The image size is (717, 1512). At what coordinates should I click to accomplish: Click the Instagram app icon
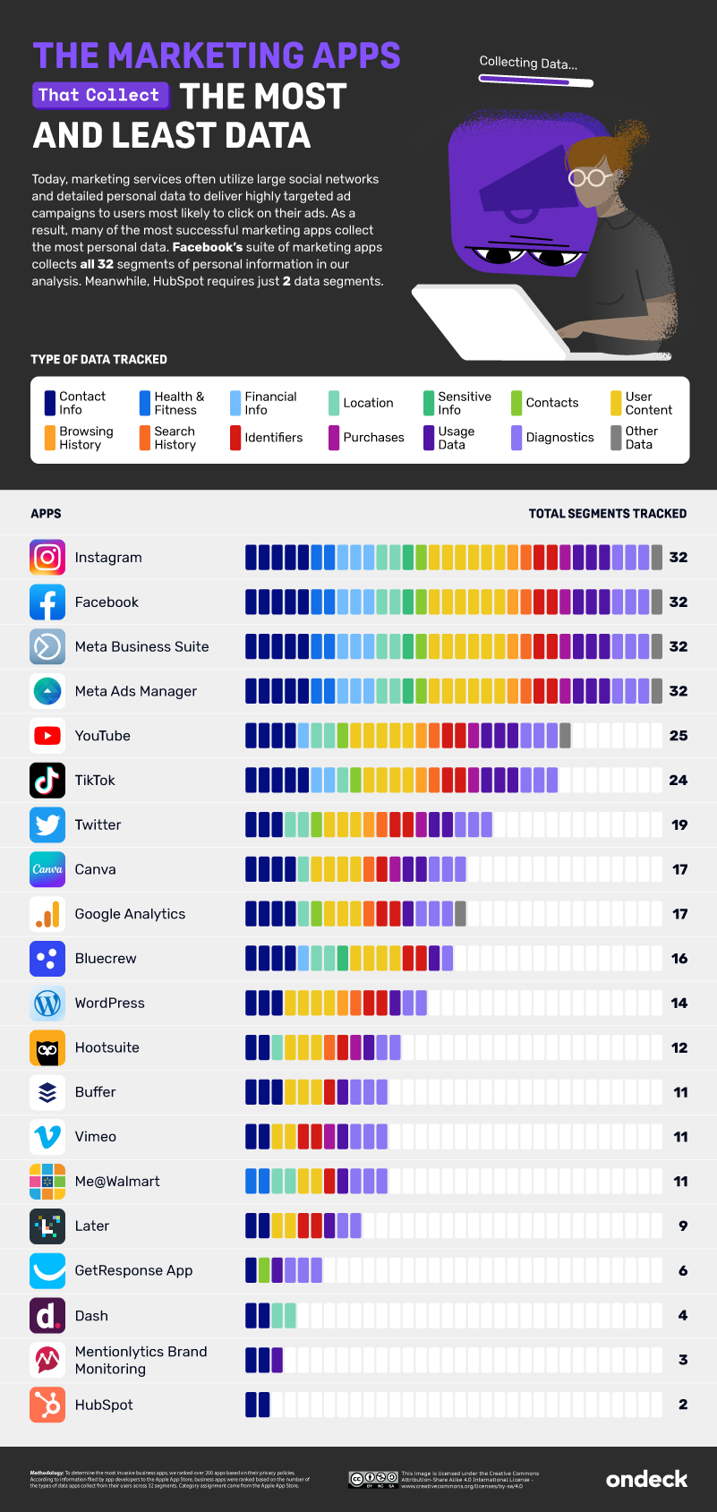[x=47, y=557]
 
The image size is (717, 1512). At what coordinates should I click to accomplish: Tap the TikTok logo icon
[x=47, y=780]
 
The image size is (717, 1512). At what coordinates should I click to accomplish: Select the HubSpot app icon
[x=47, y=1405]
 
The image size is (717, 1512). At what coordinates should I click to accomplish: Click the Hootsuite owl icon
[x=47, y=1047]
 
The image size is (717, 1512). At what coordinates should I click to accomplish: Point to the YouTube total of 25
[x=679, y=736]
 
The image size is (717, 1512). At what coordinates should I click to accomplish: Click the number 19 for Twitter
[x=679, y=824]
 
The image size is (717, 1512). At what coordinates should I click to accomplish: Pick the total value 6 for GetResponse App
[x=683, y=1270]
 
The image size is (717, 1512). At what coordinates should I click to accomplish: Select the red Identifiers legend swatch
[x=235, y=438]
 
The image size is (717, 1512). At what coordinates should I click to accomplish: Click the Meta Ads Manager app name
[x=136, y=691]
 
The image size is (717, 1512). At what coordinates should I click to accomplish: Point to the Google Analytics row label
[x=130, y=914]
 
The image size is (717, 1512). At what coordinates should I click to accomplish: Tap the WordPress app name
[x=109, y=1003]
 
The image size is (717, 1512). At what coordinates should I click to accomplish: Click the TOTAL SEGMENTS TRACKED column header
[x=607, y=514]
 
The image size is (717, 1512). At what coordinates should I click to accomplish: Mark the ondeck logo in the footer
[x=646, y=1479]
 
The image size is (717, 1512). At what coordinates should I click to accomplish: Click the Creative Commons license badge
[x=372, y=1479]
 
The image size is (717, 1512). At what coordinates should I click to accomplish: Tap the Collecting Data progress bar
[x=535, y=81]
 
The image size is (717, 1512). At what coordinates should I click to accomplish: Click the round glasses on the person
[x=587, y=177]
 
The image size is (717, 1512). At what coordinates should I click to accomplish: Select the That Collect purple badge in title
[x=99, y=95]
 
